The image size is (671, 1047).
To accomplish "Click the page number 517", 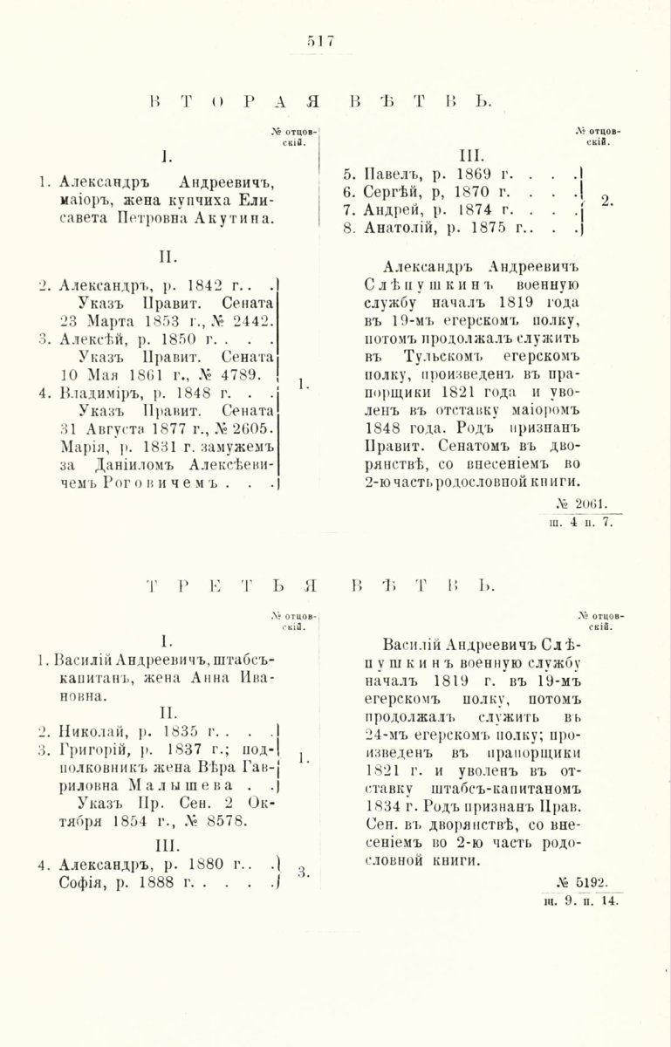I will coord(320,40).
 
